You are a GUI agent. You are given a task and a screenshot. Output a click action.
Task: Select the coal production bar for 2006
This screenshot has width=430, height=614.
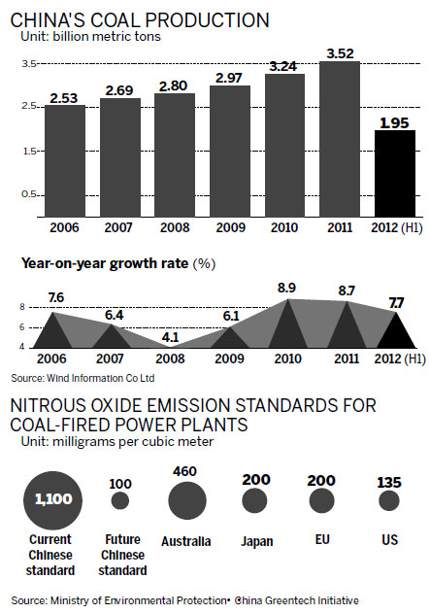click(65, 159)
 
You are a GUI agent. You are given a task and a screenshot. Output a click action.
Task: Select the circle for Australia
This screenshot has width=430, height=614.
click(186, 499)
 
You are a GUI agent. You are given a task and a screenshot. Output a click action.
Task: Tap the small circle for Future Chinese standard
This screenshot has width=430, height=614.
click(120, 500)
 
